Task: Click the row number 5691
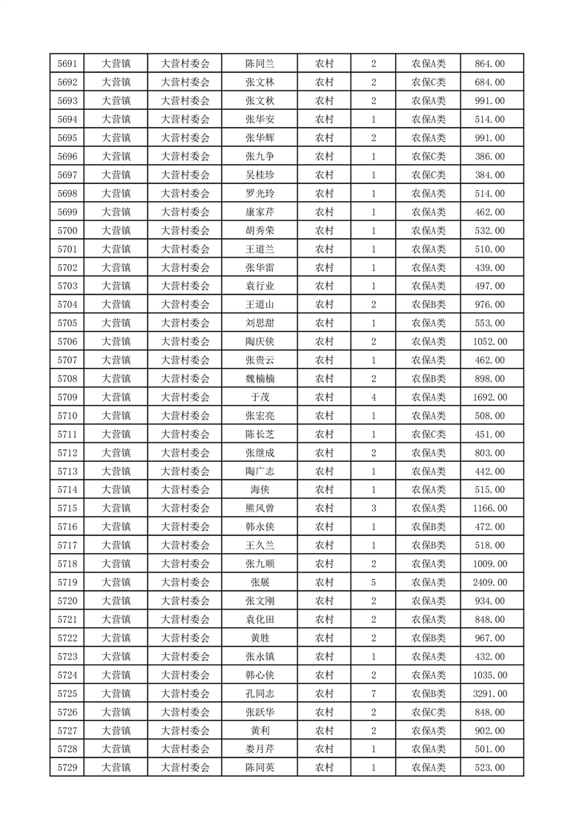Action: tap(67, 64)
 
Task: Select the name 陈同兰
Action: tap(260, 64)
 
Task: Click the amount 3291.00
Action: tap(489, 694)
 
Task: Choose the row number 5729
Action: tap(67, 768)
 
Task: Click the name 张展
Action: tap(260, 583)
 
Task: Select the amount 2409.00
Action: tap(489, 583)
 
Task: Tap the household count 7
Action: tap(373, 694)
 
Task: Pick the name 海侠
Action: tap(260, 490)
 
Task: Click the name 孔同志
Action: tap(260, 694)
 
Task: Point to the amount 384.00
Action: tap(489, 175)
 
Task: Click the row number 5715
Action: tap(67, 509)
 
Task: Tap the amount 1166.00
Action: tap(489, 509)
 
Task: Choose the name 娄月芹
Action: tap(260, 750)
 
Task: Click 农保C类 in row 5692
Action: tap(429, 82)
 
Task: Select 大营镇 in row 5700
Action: tap(116, 231)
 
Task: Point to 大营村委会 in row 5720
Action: tap(185, 601)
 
